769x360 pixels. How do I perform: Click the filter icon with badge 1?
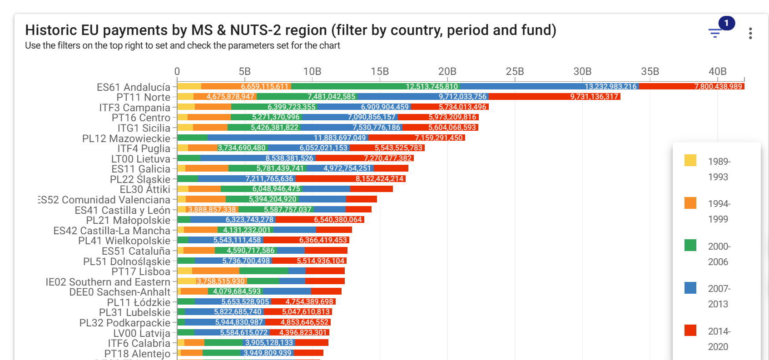(715, 33)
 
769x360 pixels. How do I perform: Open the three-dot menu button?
(750, 33)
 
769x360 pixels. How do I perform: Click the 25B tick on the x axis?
(515, 71)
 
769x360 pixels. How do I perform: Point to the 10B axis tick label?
(312, 71)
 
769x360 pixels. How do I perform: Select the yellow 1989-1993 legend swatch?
(690, 160)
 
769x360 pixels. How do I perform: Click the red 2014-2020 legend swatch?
(690, 330)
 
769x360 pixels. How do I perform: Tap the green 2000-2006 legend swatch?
(690, 245)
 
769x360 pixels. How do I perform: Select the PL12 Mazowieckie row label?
(126, 138)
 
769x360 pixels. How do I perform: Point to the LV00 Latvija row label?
(141, 333)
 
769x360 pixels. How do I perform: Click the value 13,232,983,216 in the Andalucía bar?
(610, 86)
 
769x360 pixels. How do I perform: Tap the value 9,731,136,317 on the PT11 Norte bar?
(594, 97)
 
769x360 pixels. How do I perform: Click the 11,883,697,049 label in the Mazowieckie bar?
(340, 138)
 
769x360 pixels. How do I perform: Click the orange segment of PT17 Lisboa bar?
(215, 271)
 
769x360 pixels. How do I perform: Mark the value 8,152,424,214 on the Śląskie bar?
(379, 179)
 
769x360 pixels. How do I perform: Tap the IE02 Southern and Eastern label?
(108, 282)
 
